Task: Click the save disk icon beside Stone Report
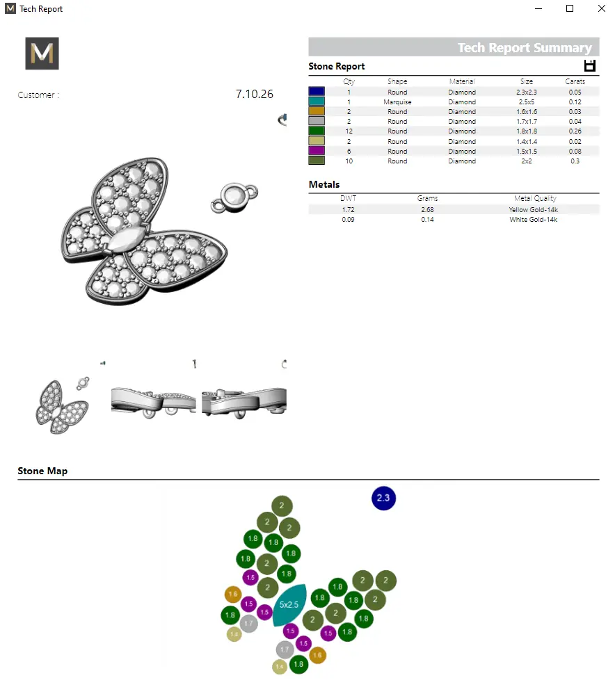(589, 66)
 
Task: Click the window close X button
(602, 8)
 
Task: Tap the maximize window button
(570, 8)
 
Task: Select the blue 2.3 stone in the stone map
(383, 498)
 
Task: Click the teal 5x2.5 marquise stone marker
(289, 604)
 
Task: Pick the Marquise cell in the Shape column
(397, 102)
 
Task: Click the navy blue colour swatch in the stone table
(317, 91)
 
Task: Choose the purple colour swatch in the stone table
(317, 150)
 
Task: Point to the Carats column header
(575, 81)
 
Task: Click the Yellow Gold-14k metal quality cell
(534, 209)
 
